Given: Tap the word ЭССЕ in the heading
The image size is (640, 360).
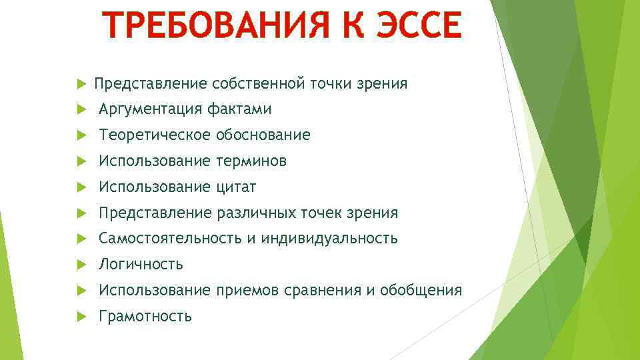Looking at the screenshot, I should click(x=416, y=27).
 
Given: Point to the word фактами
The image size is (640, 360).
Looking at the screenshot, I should click(x=239, y=109).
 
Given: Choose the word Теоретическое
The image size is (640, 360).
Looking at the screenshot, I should click(x=155, y=135).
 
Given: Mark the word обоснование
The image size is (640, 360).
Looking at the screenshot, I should click(x=263, y=135).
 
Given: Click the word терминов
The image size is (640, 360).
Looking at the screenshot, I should click(x=252, y=161).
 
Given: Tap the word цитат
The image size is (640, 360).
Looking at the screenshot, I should click(x=237, y=187).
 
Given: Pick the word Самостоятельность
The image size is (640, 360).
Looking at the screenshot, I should click(x=170, y=239).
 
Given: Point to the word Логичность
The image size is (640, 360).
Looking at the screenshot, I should click(x=141, y=265).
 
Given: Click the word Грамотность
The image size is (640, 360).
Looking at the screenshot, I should click(x=145, y=317).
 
